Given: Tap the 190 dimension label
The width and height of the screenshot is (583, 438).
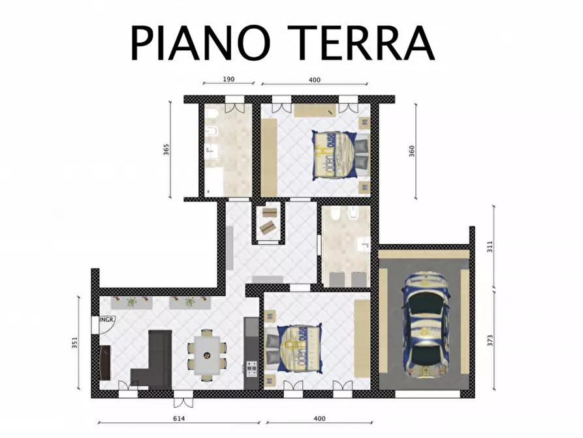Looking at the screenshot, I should pyautogui.click(x=228, y=79).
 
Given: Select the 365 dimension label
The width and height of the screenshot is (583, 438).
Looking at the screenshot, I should pyautogui.click(x=166, y=150).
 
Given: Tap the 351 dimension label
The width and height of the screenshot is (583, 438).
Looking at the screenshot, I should pyautogui.click(x=75, y=343).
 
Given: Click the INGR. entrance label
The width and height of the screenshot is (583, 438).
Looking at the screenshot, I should pyautogui.click(x=107, y=320).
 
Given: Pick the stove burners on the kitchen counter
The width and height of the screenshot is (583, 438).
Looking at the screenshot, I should pyautogui.click(x=251, y=370).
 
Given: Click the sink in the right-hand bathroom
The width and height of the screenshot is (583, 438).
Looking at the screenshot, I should pyautogui.click(x=363, y=245).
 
